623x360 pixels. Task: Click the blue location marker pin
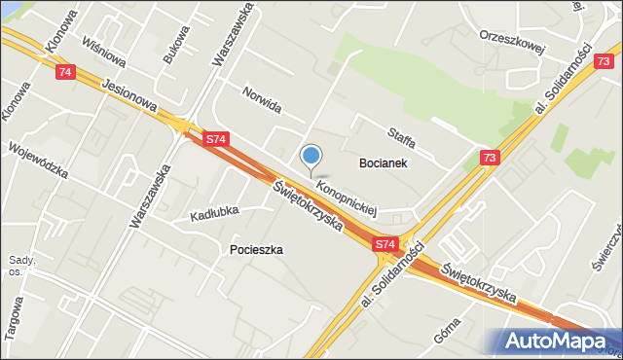pyautogui.click(x=311, y=156)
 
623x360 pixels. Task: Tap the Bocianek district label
pyautogui.click(x=383, y=163)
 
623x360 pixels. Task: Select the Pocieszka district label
pyautogui.click(x=256, y=249)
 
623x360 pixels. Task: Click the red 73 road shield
pyautogui.click(x=490, y=158)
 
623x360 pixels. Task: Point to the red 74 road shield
pyautogui.click(x=65, y=72)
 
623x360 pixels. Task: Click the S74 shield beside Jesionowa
pyautogui.click(x=216, y=140)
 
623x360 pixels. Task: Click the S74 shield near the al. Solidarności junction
pyautogui.click(x=385, y=244)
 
